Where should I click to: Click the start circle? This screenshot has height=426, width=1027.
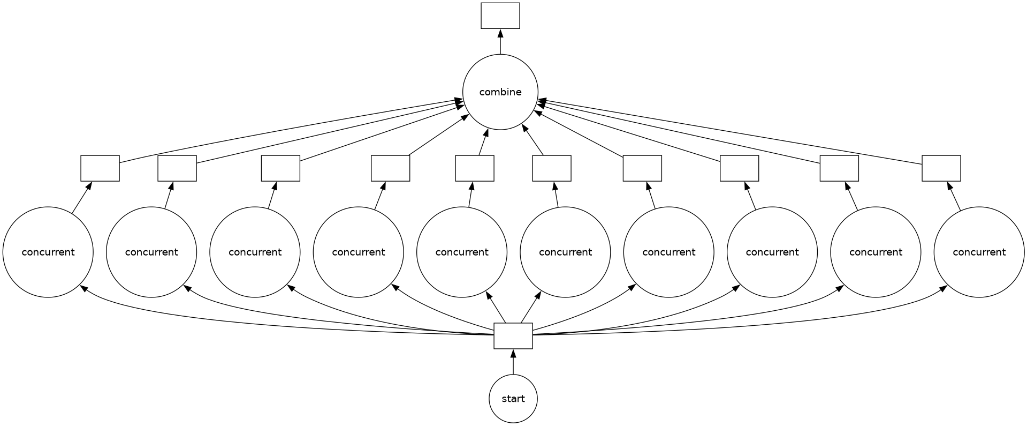pos(513,399)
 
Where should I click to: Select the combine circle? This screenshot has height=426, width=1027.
pos(500,92)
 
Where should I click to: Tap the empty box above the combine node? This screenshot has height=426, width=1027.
pos(500,16)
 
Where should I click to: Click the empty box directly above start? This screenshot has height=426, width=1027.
pos(513,335)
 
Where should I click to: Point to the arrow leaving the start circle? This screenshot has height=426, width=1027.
pos(513,362)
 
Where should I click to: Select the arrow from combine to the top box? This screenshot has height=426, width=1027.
pos(500,41)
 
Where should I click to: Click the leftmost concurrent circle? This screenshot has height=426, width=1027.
pos(48,252)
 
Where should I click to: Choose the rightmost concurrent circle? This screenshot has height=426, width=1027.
pos(979,252)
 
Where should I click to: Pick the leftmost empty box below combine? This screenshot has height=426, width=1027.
pos(100,168)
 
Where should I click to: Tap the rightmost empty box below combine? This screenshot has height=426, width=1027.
pos(941,168)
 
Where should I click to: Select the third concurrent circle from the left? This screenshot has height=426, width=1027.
pos(255,252)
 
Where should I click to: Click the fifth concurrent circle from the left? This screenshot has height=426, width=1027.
pos(462,252)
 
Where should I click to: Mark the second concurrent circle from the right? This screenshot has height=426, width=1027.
pos(876,252)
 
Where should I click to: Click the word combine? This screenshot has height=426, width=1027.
pos(500,92)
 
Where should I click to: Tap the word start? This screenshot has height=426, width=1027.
pos(513,399)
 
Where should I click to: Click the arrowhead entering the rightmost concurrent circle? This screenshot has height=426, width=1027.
pos(943,288)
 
